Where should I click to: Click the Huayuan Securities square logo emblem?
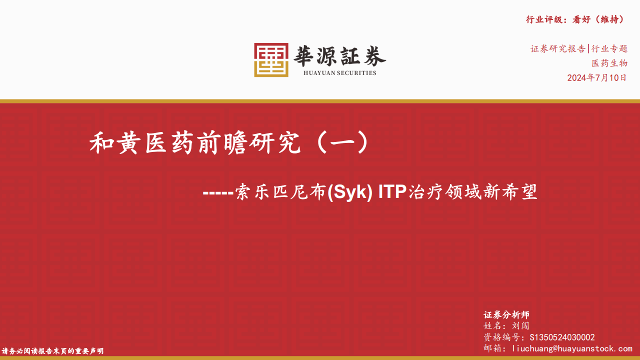tap(271, 60)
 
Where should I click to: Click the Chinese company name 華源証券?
tap(339, 56)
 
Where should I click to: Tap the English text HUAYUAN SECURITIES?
tap(339, 73)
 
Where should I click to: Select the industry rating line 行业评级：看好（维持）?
tap(575, 19)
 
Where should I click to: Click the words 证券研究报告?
tap(558, 48)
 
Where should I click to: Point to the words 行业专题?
tap(609, 48)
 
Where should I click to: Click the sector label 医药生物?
tap(609, 63)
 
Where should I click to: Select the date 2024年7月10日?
tap(597, 77)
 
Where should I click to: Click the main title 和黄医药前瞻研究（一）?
tap(229, 142)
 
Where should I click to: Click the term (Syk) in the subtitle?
tap(350, 192)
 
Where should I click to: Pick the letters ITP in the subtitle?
tap(392, 191)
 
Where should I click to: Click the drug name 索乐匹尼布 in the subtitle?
tap(281, 191)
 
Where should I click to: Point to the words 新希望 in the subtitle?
tap(510, 191)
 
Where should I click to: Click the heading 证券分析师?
tap(506, 315)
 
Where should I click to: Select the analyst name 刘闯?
tap(520, 325)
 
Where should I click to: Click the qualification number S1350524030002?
tap(562, 337)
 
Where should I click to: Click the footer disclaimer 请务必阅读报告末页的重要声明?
tap(52, 351)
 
